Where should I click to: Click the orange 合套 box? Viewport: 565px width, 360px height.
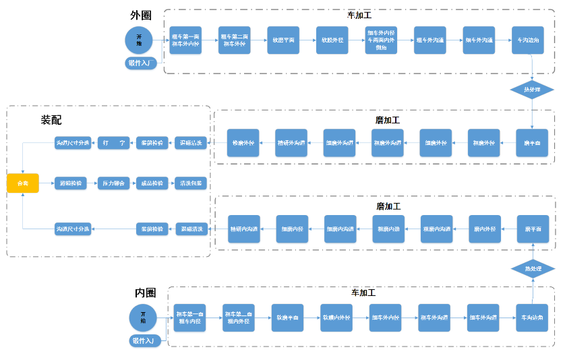pyautogui.click(x=23, y=183)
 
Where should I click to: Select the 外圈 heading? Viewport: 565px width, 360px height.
pyautogui.click(x=140, y=14)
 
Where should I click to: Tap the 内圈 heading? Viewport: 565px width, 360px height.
pyautogui.click(x=145, y=293)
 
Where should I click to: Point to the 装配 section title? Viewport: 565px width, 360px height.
pyautogui.click(x=51, y=119)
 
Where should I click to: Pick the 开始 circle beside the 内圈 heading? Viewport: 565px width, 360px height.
pyautogui.click(x=143, y=317)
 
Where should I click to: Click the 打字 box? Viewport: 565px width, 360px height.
pyautogui.click(x=113, y=142)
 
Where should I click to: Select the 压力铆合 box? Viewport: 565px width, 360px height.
pyautogui.click(x=113, y=183)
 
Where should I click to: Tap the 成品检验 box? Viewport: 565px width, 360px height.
pyautogui.click(x=152, y=183)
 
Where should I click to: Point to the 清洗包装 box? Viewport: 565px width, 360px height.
pyautogui.click(x=191, y=183)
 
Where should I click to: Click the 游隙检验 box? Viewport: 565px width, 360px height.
pyautogui.click(x=71, y=183)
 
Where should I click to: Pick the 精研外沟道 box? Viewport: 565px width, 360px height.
pyautogui.click(x=291, y=142)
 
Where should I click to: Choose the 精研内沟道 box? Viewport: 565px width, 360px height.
pyautogui.click(x=243, y=229)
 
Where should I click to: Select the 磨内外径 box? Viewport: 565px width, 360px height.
pyautogui.click(x=485, y=229)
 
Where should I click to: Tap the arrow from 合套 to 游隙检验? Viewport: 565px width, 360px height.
pyautogui.click(x=47, y=183)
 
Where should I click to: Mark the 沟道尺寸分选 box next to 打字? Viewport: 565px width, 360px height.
pyautogui.click(x=72, y=142)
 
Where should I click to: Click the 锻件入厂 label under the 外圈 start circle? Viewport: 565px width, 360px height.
pyautogui.click(x=142, y=63)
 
